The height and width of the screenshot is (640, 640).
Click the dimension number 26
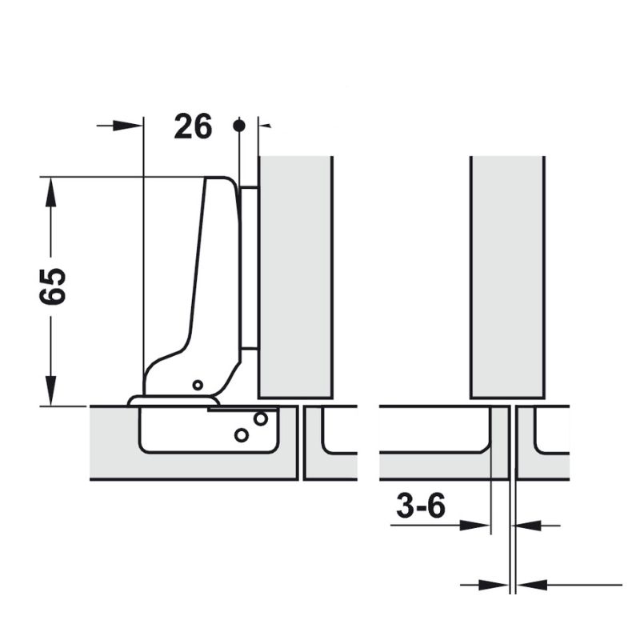coord(194,126)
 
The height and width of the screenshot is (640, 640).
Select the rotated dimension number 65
coord(53,286)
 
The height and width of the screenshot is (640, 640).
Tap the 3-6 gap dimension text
coord(420,506)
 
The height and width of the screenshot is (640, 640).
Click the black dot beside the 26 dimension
coord(238,126)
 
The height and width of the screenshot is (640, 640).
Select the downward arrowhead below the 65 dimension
coord(50,391)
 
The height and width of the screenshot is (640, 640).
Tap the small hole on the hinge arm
coord(198,385)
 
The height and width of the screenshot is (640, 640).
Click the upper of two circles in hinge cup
coord(260,418)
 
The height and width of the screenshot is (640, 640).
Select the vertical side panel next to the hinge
coord(295,276)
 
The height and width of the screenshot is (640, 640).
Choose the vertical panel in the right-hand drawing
coord(507,276)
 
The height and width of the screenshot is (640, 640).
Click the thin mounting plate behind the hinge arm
coord(249,268)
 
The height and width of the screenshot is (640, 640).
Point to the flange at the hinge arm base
coord(172,400)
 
